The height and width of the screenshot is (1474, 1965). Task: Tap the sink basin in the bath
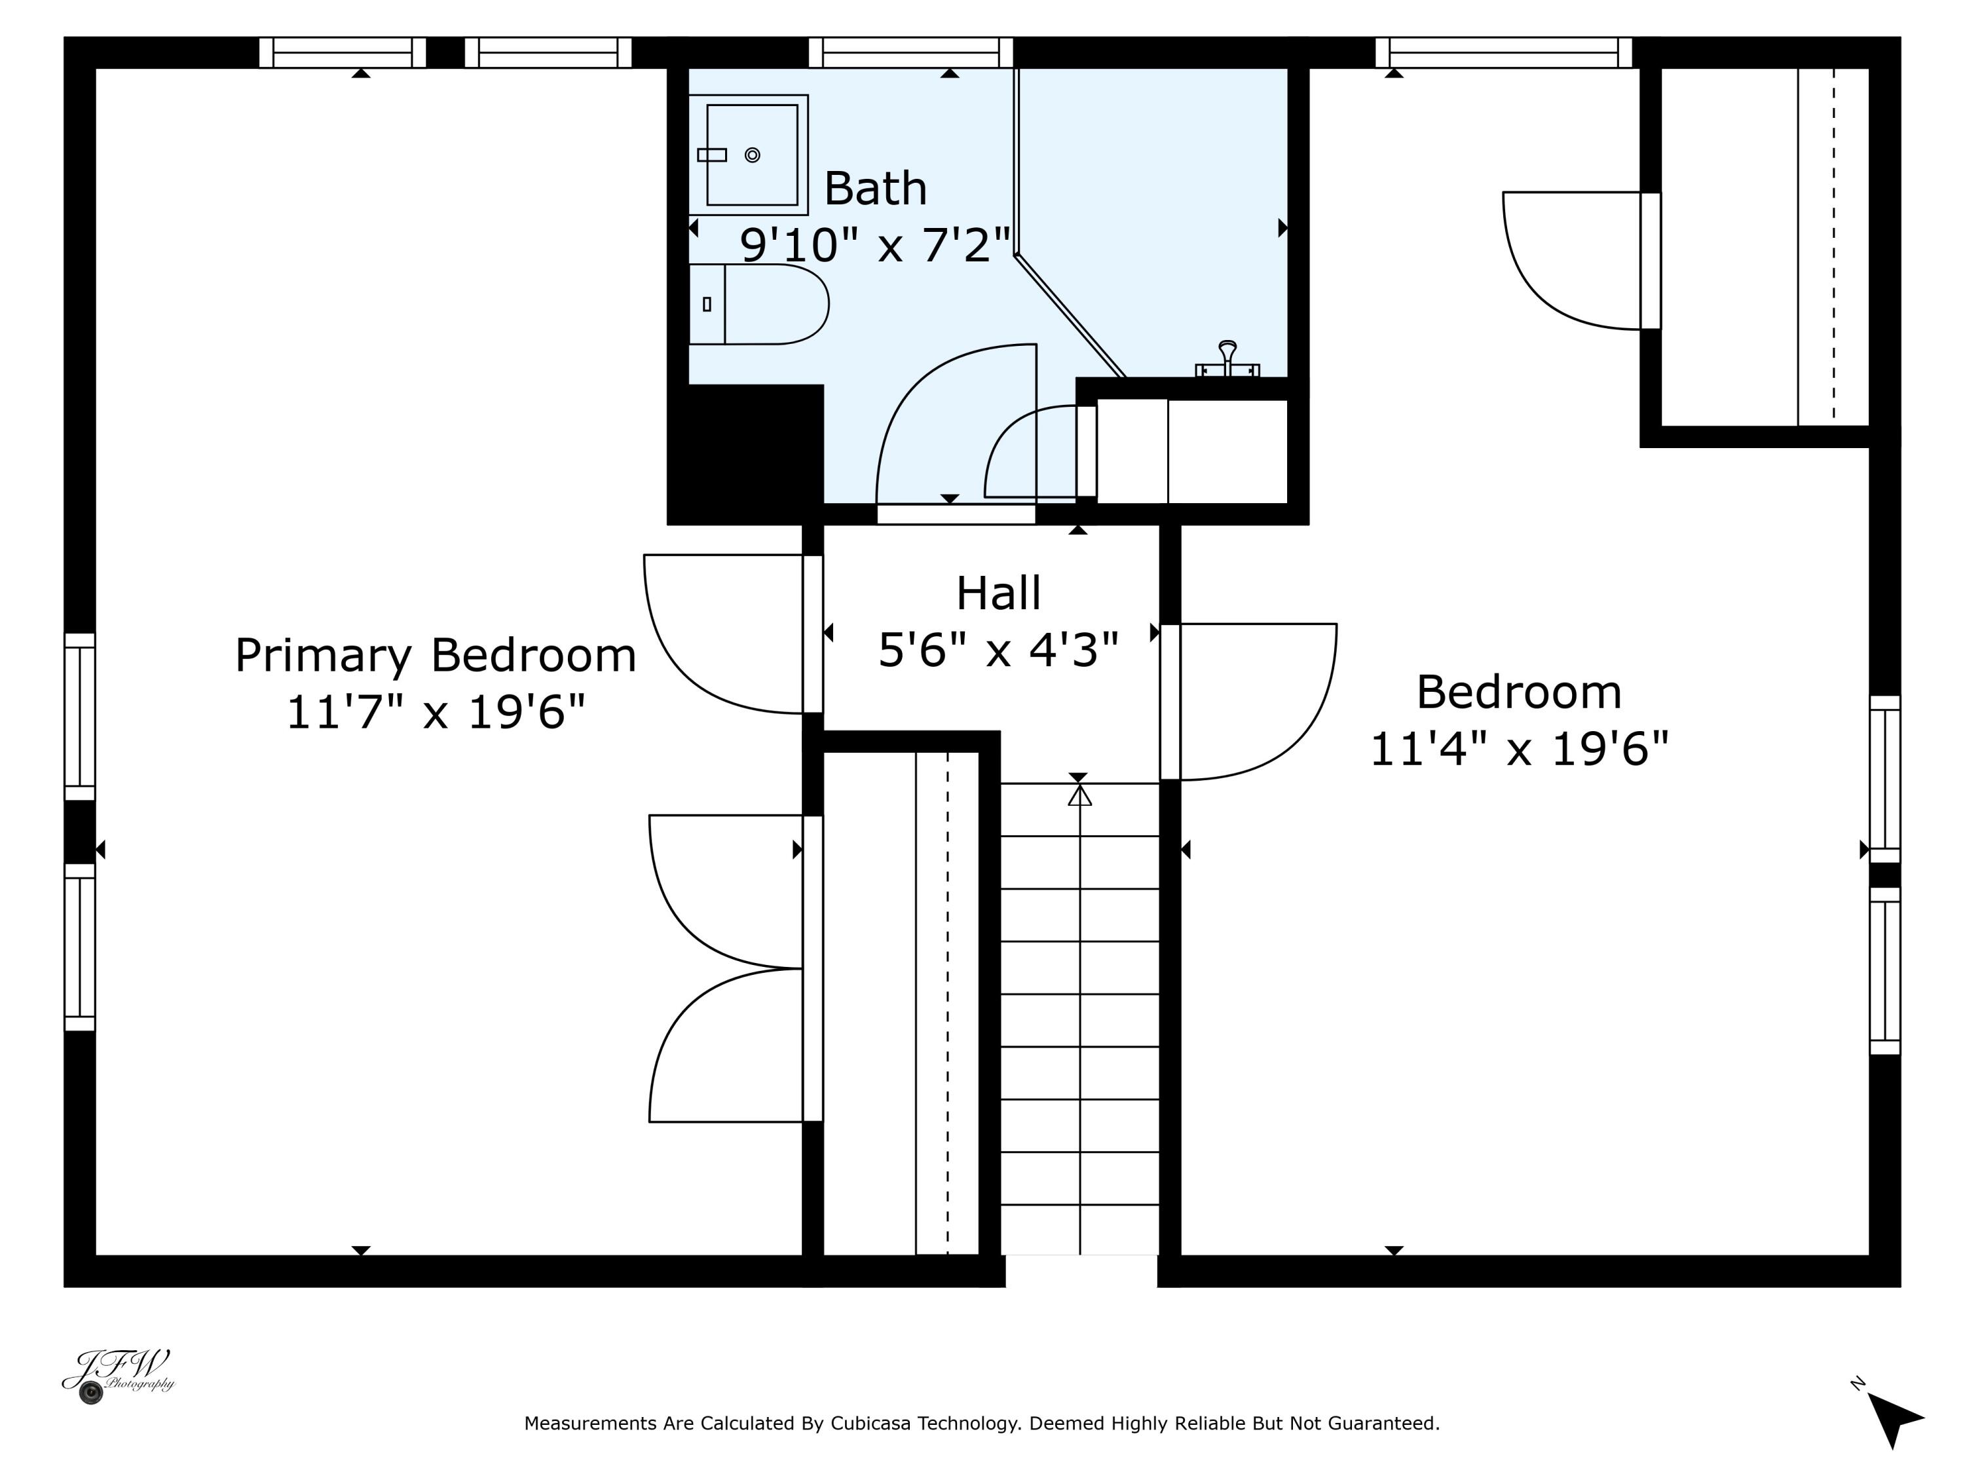coord(751,155)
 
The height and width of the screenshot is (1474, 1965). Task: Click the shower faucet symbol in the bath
coord(1227,359)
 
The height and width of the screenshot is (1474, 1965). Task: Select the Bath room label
coord(875,189)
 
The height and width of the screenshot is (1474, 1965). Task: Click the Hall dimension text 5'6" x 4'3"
coord(998,649)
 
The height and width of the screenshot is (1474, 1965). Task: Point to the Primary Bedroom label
coord(436,656)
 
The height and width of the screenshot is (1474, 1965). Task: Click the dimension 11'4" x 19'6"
coord(1519,748)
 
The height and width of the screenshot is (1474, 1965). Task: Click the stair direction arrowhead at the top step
coord(1079,795)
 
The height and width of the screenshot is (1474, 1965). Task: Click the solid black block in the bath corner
coord(746,454)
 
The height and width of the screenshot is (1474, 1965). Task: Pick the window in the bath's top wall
coord(910,52)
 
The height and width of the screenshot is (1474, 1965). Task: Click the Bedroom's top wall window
coord(1504,52)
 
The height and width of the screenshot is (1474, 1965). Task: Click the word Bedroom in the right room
coord(1519,692)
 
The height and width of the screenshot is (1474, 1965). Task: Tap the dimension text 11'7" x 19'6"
coord(436,713)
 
